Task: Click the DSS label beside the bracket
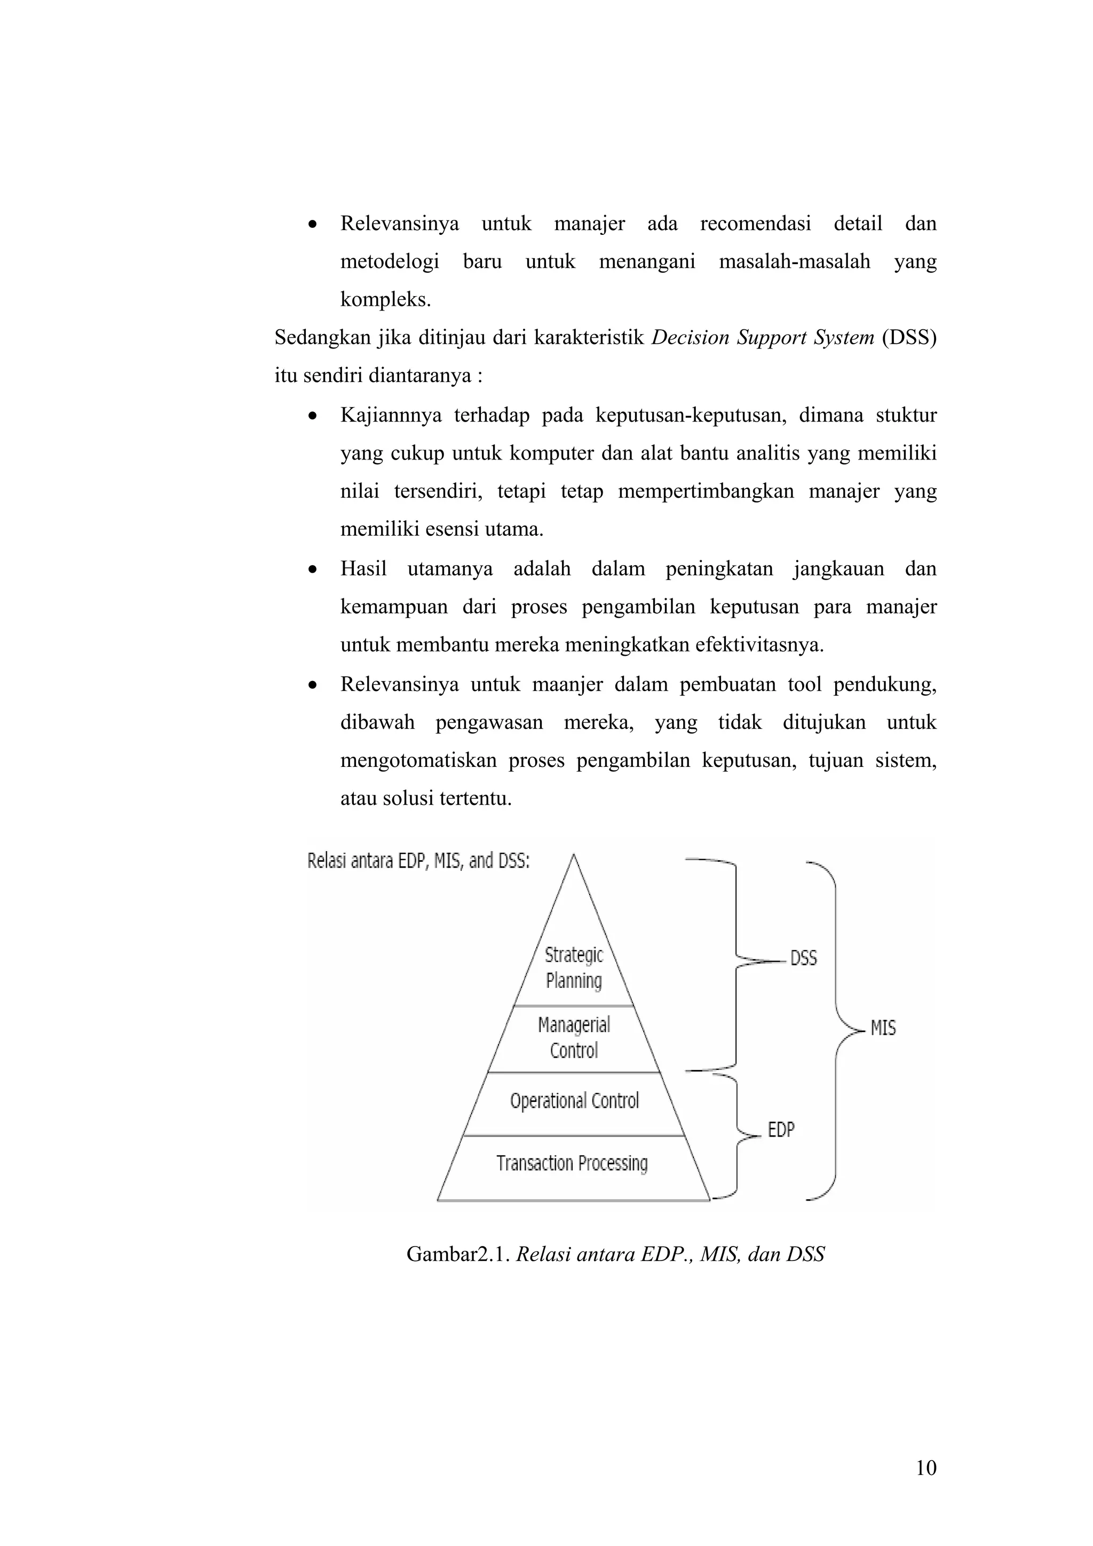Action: pyautogui.click(x=803, y=958)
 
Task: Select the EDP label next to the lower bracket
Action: pyautogui.click(x=781, y=1129)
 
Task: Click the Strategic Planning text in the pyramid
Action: pyautogui.click(x=574, y=968)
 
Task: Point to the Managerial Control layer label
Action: pyautogui.click(x=574, y=1037)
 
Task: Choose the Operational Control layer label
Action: pyautogui.click(x=574, y=1101)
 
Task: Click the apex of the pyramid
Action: pyautogui.click(x=573, y=857)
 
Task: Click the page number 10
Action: pyautogui.click(x=926, y=1468)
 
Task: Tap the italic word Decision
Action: pyautogui.click(x=690, y=337)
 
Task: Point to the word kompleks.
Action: pyautogui.click(x=385, y=299)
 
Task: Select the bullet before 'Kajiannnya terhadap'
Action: pyautogui.click(x=312, y=416)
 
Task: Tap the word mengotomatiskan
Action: pyautogui.click(x=418, y=761)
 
